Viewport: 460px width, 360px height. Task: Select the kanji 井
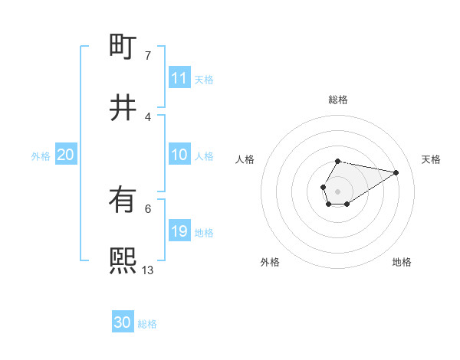coord(123,108)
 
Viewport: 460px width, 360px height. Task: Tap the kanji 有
coord(123,200)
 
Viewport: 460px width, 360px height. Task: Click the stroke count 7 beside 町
coord(148,55)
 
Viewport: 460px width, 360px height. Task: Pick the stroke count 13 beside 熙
coord(148,270)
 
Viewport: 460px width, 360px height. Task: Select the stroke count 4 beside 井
coord(148,116)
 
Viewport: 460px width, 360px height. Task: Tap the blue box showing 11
coord(179,78)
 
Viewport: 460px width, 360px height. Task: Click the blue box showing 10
coord(179,155)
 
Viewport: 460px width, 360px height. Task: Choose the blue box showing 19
coord(179,231)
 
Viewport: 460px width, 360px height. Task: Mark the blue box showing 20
coord(65,155)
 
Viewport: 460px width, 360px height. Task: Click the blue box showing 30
coord(123,322)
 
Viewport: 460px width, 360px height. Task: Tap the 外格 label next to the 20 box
coord(41,155)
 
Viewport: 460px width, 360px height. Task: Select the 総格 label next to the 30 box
coord(147,323)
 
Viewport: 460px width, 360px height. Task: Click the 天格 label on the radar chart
coord(431,159)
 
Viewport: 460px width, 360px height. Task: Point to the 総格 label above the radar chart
coord(338,100)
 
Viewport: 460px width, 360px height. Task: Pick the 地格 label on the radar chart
coord(402,262)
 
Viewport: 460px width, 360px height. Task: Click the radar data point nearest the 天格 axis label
coord(396,172)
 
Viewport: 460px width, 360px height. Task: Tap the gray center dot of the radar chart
coord(338,190)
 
